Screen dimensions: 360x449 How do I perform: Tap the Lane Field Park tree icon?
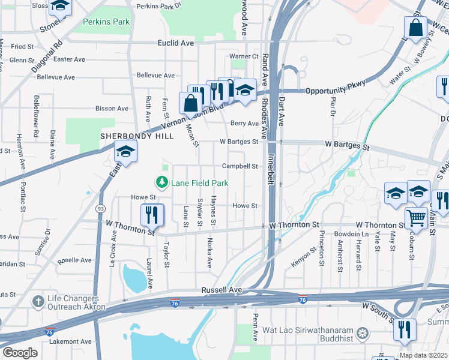pos(161,182)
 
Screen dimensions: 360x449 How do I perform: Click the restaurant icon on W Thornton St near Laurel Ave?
pos(152,215)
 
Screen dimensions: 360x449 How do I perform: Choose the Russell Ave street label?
pos(221,289)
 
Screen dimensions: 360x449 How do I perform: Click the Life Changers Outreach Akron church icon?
pos(37,301)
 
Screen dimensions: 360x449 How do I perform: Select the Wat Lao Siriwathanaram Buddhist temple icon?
pos(362,332)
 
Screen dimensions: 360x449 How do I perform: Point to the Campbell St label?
pos(240,166)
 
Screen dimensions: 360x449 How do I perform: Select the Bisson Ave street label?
pos(112,109)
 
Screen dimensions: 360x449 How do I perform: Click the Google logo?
pos(20,353)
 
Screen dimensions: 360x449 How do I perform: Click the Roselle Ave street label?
pos(74,260)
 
